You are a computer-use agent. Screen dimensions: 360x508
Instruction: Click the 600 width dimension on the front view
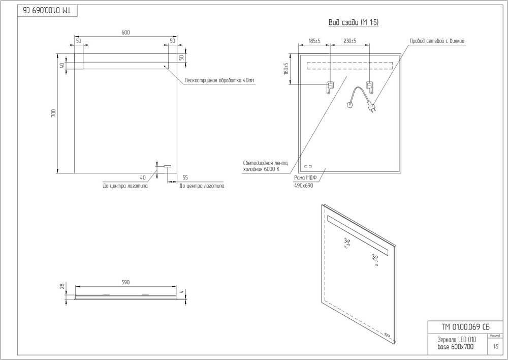click(x=125, y=33)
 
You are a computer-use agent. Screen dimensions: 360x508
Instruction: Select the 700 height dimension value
click(x=53, y=113)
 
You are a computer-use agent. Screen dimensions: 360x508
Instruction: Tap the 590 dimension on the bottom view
click(x=125, y=282)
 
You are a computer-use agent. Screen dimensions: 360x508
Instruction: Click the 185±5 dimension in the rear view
click(x=314, y=41)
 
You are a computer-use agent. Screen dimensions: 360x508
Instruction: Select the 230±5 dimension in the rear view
click(x=349, y=41)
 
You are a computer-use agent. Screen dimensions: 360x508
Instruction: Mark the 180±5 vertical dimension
click(x=286, y=69)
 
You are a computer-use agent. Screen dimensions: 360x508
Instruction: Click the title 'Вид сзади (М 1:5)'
click(x=354, y=23)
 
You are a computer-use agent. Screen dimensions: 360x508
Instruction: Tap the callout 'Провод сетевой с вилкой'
click(x=437, y=41)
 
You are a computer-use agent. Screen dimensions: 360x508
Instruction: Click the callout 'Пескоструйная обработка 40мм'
click(x=219, y=80)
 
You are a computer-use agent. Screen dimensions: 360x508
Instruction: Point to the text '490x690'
click(x=304, y=186)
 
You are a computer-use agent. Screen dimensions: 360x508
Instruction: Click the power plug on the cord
click(x=372, y=108)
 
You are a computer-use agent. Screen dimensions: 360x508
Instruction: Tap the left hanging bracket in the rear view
click(x=329, y=87)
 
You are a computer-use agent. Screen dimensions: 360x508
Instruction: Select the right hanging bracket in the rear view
click(x=369, y=87)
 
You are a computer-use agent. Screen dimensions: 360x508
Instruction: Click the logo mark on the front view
click(x=167, y=166)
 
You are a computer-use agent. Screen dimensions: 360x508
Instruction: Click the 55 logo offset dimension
click(x=185, y=177)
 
